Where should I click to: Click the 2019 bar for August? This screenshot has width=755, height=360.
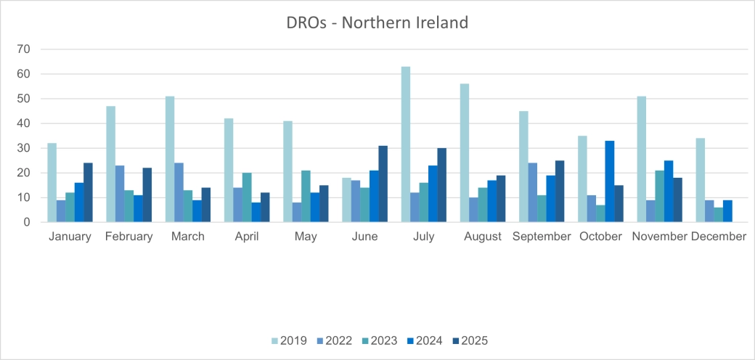(x=465, y=153)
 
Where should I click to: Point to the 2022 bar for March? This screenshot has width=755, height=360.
(x=179, y=192)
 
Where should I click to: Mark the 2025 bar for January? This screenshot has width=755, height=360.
(x=88, y=192)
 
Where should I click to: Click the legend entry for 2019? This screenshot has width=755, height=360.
(x=289, y=340)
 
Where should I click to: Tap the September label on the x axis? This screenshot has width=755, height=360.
(x=542, y=237)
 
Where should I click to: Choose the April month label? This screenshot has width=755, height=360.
(x=247, y=237)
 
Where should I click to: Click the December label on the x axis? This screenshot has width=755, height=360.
(x=719, y=237)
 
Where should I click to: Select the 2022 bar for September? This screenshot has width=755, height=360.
(x=532, y=192)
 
